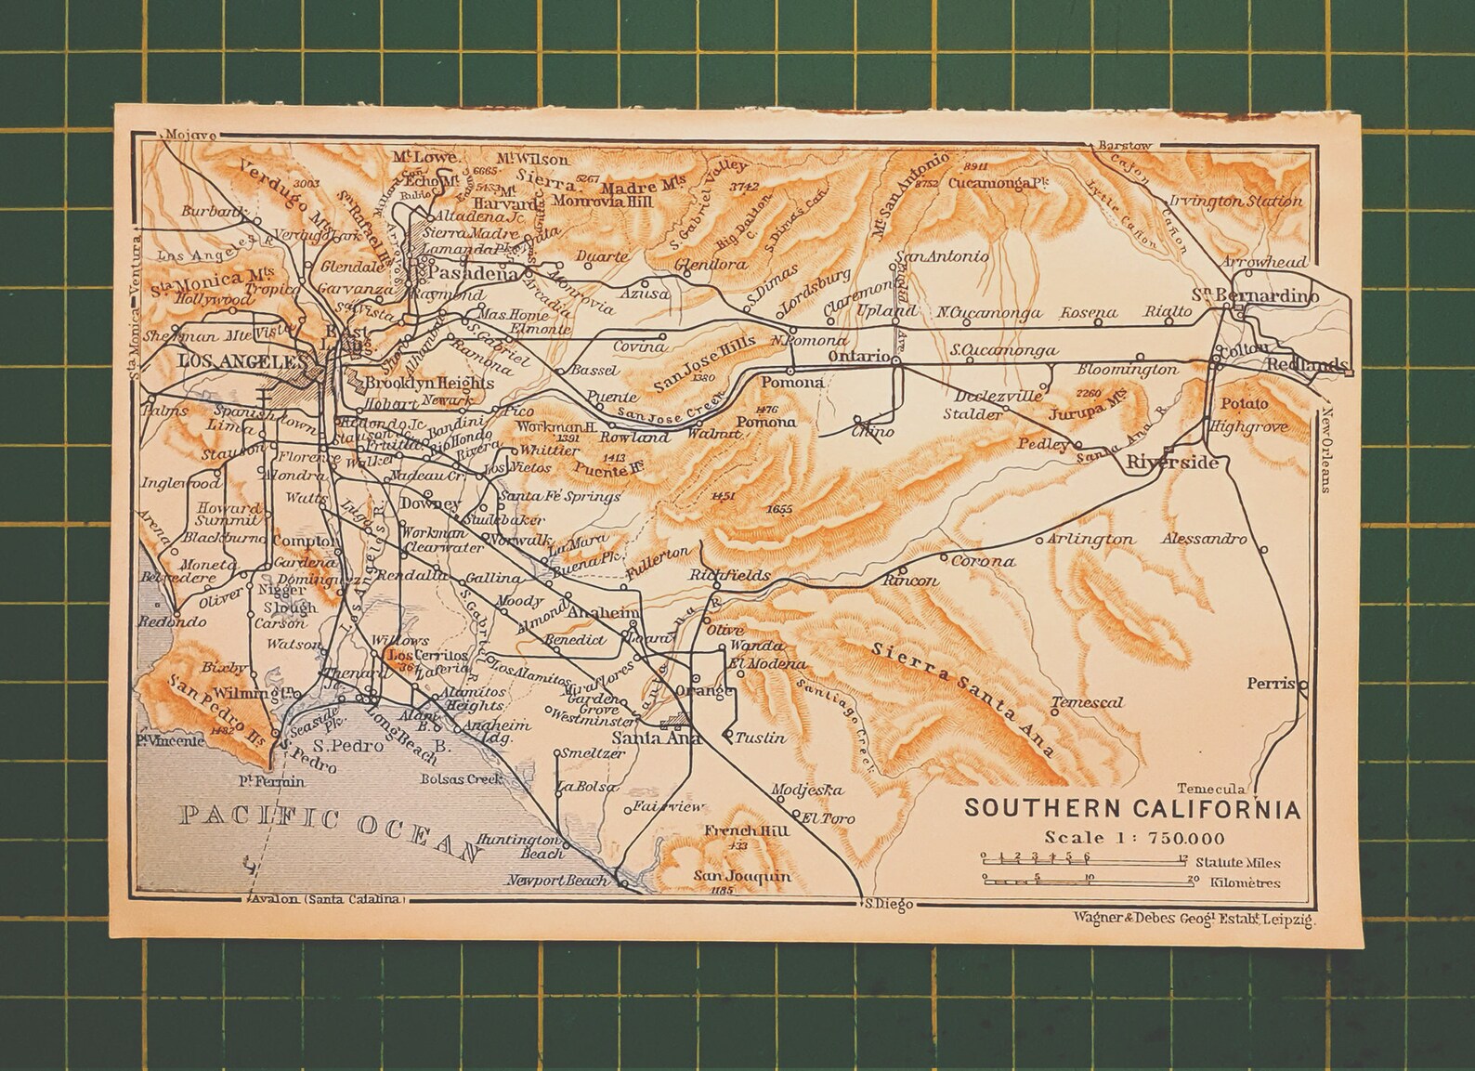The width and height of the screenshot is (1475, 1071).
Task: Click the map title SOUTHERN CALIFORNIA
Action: pyautogui.click(x=1131, y=807)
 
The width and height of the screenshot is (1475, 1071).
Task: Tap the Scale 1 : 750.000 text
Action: pyautogui.click(x=1133, y=837)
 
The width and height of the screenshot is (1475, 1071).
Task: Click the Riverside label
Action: pyautogui.click(x=1171, y=462)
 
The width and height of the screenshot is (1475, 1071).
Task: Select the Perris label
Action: pyautogui.click(x=1270, y=683)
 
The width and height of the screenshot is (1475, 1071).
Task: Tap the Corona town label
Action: pyautogui.click(x=983, y=561)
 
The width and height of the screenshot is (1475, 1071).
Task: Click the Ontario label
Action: pyautogui.click(x=860, y=357)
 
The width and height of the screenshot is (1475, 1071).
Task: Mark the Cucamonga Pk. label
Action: pyautogui.click(x=992, y=184)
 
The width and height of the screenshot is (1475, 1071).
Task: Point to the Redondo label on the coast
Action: pyautogui.click(x=173, y=621)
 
